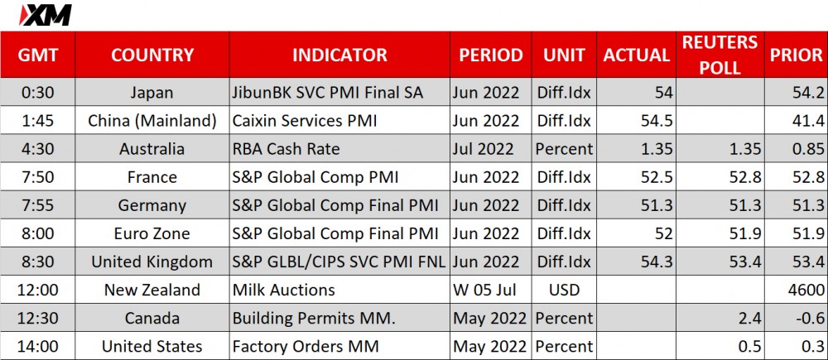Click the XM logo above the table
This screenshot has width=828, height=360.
(45, 15)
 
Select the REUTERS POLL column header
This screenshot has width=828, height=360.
(720, 55)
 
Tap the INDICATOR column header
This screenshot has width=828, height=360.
(339, 55)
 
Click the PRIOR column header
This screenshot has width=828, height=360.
(796, 55)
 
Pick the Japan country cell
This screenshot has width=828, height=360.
(152, 93)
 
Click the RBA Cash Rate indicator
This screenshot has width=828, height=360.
(286, 149)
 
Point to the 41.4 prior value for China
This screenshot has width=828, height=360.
(808, 121)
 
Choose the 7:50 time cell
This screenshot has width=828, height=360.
(37, 177)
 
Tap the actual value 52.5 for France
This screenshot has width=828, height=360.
(657, 177)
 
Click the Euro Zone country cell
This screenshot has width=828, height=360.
(152, 233)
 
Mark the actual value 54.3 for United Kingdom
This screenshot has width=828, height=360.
(657, 262)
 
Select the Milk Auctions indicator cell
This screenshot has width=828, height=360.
(283, 290)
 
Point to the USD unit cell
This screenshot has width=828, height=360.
(564, 290)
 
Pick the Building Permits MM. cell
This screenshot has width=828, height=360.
(303, 319)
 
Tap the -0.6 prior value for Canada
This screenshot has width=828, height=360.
(807, 319)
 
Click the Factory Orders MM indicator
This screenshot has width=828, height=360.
(306, 346)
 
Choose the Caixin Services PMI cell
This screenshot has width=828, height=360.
(305, 121)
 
